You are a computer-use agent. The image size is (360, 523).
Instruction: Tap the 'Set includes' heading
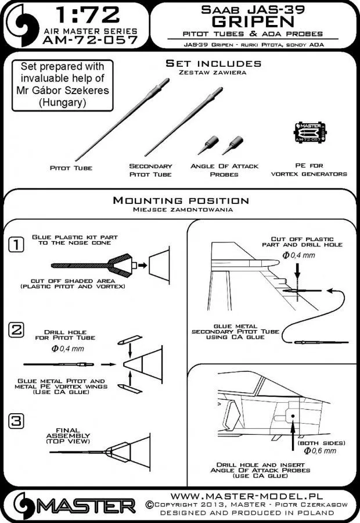213,63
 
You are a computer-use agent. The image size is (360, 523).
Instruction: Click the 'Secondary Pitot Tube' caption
151,170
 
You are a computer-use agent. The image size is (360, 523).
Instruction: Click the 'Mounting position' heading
180,202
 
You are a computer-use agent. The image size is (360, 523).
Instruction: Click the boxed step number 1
17,245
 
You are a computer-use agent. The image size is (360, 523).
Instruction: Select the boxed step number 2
17,331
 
